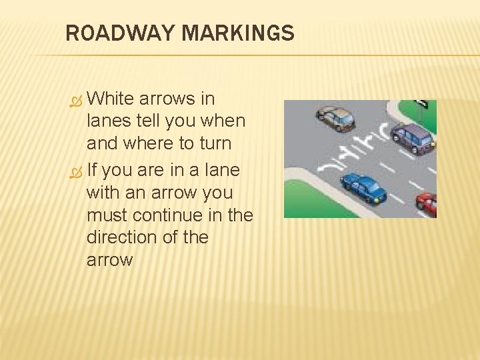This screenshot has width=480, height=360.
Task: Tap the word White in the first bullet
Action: pos(111,99)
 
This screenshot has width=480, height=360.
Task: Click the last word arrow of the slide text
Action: pos(109,260)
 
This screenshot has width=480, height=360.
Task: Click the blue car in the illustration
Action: pos(363,187)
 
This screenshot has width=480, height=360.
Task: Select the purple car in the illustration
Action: pos(413,138)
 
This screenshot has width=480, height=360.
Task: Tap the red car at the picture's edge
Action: pos(427,203)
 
